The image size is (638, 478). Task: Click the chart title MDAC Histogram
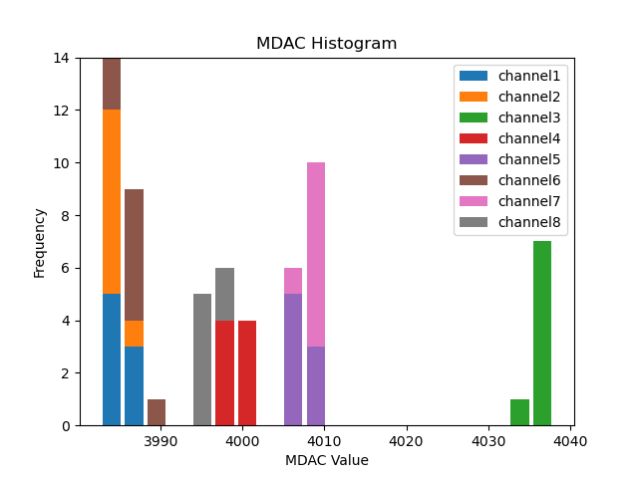point(326,44)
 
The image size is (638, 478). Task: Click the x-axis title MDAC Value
point(326,460)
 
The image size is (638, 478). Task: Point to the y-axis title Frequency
point(40,242)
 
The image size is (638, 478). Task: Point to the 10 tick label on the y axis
point(64,163)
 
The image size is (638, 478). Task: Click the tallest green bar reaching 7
point(542,334)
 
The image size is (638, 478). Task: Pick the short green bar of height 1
point(519,412)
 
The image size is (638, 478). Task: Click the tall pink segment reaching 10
point(316,254)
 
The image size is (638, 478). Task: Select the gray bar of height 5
point(202,359)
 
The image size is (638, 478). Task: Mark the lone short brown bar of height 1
point(157,412)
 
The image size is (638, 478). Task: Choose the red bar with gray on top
point(225,373)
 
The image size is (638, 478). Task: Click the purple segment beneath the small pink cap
point(293,359)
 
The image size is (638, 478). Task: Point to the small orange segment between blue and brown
point(134,334)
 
